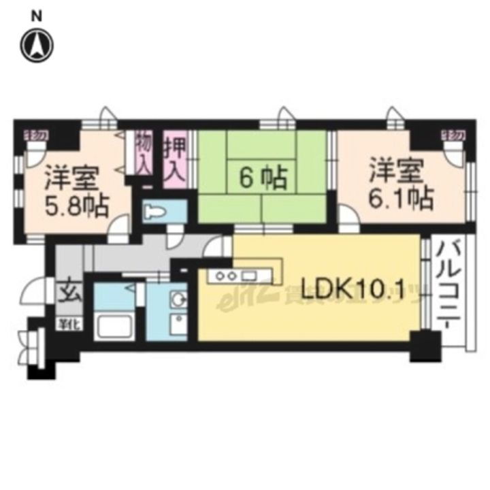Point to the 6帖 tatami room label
[261, 178]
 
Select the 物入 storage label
[144, 154]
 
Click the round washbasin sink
[178, 300]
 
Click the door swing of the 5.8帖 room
[120, 226]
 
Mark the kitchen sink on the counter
[248, 276]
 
